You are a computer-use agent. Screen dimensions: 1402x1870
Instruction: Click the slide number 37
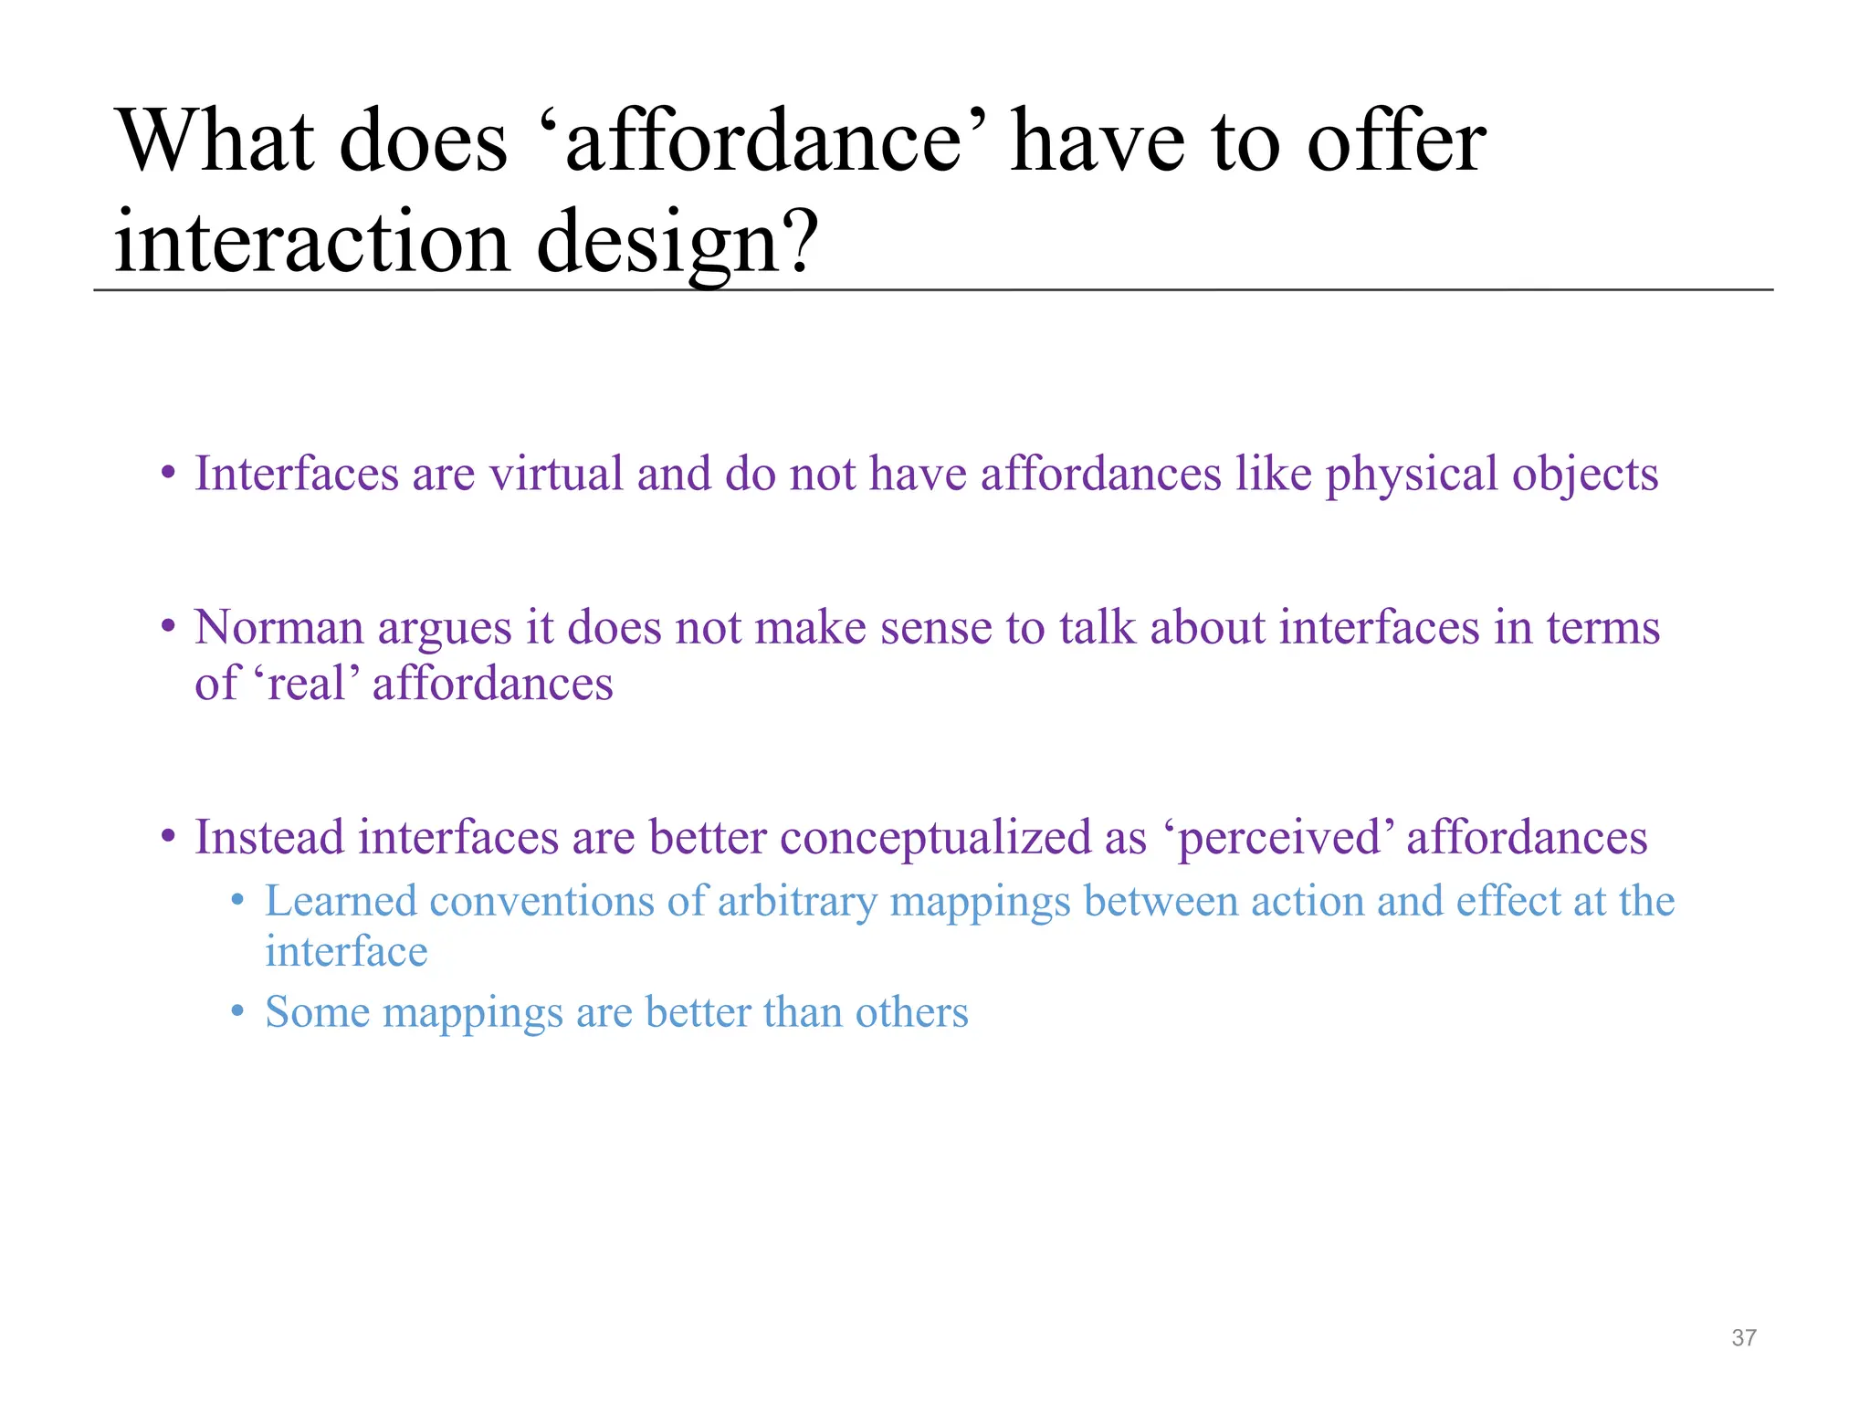point(1743,1338)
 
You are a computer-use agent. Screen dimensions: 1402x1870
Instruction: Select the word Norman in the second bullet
point(278,628)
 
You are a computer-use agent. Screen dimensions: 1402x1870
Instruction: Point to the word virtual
point(556,474)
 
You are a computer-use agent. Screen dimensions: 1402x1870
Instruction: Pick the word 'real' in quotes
point(306,684)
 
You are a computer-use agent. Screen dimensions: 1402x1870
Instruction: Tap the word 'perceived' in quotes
point(1279,838)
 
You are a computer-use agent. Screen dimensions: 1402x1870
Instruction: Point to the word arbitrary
point(796,902)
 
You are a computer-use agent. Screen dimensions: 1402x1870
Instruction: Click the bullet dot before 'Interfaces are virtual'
point(167,474)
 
